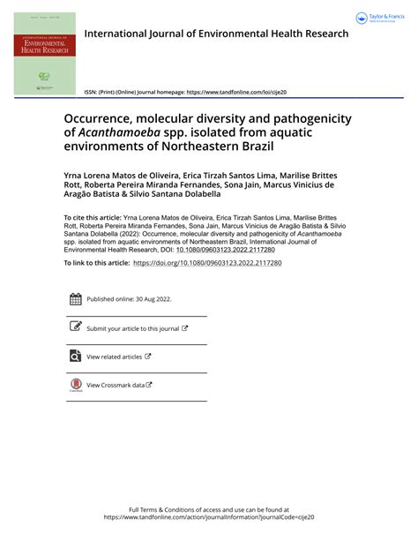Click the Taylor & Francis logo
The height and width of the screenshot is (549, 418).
[x=378, y=18]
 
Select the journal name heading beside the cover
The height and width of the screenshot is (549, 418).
[x=216, y=34]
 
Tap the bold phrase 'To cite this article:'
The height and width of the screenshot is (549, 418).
[x=93, y=217]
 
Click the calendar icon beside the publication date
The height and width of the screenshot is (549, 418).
[x=75, y=299]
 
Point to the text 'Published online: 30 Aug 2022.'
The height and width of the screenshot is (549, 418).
[x=129, y=300]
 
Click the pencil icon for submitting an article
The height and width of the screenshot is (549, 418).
[x=75, y=328]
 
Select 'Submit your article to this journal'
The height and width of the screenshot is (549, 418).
[x=133, y=328]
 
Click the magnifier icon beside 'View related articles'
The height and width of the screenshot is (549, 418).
[x=75, y=357]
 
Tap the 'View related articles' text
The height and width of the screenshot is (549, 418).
[x=114, y=357]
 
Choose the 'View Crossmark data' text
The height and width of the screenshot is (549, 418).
[x=115, y=385]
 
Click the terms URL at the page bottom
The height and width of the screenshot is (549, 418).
[x=209, y=518]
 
